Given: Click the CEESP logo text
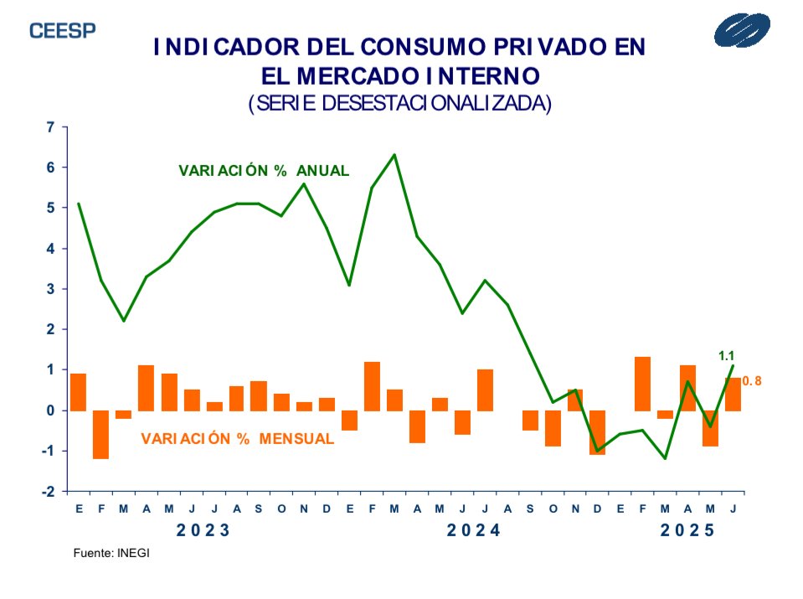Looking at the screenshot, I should pyautogui.click(x=63, y=30).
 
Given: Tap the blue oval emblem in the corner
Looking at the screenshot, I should pyautogui.click(x=748, y=32).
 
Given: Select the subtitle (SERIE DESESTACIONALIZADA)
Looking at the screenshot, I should pyautogui.click(x=400, y=103).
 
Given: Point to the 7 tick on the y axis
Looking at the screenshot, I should pyautogui.click(x=50, y=127).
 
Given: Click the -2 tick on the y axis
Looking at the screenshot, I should pyautogui.click(x=49, y=492).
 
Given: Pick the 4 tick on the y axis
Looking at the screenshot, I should pyautogui.click(x=50, y=249).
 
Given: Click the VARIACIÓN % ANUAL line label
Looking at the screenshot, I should pyautogui.click(x=264, y=170).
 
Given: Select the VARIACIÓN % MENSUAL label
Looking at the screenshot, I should pyautogui.click(x=238, y=438).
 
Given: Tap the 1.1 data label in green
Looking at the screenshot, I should pyautogui.click(x=727, y=356).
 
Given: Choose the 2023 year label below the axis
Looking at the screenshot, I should pyautogui.click(x=203, y=531).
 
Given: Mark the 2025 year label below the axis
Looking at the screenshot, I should pyautogui.click(x=688, y=531).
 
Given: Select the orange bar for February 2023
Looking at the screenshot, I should pyautogui.click(x=100, y=435).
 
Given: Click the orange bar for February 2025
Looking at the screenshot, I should pyautogui.click(x=642, y=384).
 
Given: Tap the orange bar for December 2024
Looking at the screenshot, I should pyautogui.click(x=597, y=432).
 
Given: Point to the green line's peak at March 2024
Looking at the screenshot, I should pyautogui.click(x=394, y=155).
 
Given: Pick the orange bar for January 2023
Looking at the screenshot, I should pyautogui.click(x=78, y=392).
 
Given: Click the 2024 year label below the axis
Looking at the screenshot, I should pyautogui.click(x=472, y=531).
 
